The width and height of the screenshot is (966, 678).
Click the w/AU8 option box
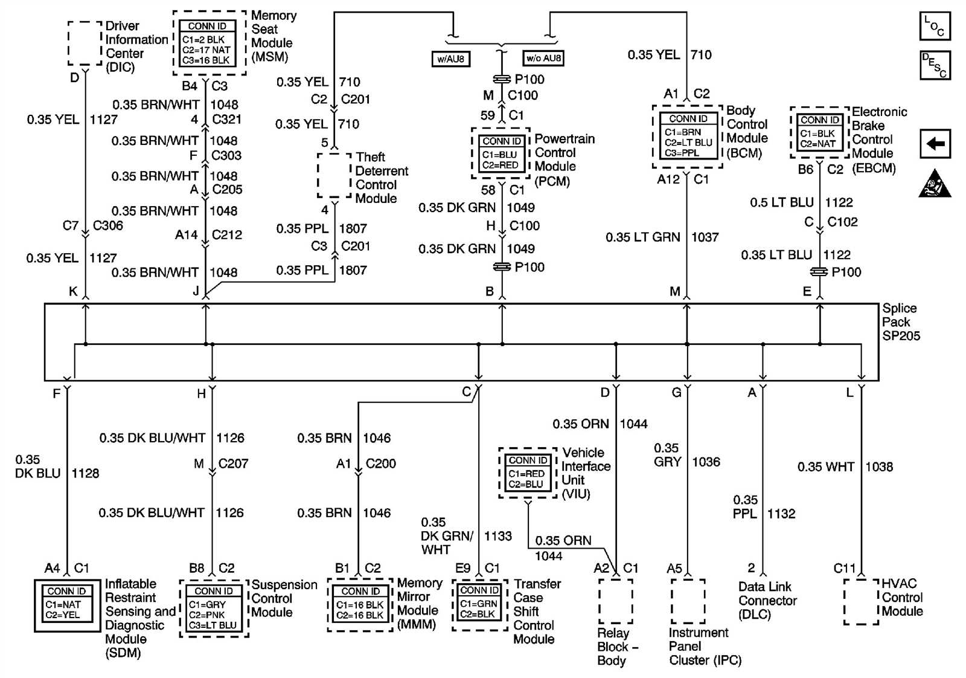(x=451, y=59)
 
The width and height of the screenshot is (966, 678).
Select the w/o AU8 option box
(x=543, y=59)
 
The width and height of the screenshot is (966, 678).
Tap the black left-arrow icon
(x=935, y=144)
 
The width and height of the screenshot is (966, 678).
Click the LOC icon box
(x=935, y=26)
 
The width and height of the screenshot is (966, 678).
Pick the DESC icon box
(x=935, y=65)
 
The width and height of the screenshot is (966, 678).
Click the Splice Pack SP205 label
(x=901, y=322)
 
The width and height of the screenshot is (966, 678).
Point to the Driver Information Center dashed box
(x=85, y=44)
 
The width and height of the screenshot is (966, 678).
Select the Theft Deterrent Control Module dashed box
(x=334, y=175)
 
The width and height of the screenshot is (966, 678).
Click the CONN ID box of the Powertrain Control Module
(x=501, y=153)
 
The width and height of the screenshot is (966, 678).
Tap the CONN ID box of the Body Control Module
(x=688, y=137)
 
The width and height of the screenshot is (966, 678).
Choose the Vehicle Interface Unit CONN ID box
(x=527, y=473)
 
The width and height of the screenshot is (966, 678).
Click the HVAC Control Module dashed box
(x=861, y=601)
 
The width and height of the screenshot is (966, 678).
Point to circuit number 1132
(x=781, y=514)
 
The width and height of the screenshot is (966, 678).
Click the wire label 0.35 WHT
(x=825, y=467)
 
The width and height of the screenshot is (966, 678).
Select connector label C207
(x=233, y=464)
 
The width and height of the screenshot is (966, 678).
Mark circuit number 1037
(x=705, y=237)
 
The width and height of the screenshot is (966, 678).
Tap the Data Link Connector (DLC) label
(x=767, y=601)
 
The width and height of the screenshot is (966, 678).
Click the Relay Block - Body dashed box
(x=616, y=601)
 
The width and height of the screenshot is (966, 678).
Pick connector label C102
(x=842, y=222)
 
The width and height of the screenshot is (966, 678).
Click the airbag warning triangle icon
(x=935, y=184)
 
